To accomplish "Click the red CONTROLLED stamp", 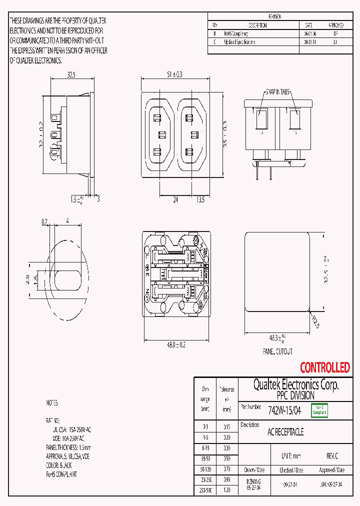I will point(324,368).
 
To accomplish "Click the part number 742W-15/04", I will point(284,410).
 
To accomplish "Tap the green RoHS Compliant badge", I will point(319,410).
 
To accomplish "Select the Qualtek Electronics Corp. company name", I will point(295,385).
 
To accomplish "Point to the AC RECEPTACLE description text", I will point(285,432).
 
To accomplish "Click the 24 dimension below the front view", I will point(175,199).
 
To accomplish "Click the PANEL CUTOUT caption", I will point(278,352).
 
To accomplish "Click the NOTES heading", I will point(52,403).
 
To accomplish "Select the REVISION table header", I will point(275,16).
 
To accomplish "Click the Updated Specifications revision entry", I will point(239,42).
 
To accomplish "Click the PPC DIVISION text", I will point(295,395).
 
